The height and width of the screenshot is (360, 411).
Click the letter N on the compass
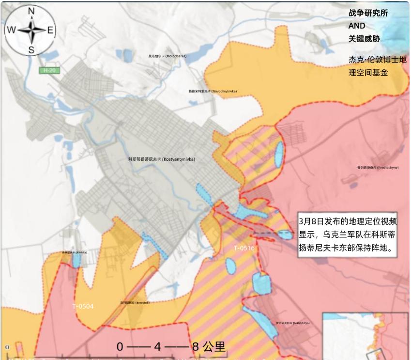(x=31, y=11)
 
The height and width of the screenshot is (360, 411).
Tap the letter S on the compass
(x=31, y=50)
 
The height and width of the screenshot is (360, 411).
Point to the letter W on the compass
(x=11, y=31)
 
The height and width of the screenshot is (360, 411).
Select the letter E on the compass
(x=50, y=31)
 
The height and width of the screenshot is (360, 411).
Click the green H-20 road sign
(x=49, y=71)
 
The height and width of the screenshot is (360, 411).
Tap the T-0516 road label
(x=244, y=248)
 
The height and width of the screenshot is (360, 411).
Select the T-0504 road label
(x=83, y=306)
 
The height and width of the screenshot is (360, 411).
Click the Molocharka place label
(x=167, y=56)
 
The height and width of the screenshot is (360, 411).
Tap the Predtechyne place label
(x=378, y=168)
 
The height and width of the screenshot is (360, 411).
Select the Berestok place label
(x=135, y=303)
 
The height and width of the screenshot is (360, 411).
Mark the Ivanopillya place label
(x=292, y=323)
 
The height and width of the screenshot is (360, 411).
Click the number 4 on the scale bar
(x=157, y=347)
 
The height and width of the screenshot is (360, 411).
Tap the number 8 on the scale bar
(x=196, y=347)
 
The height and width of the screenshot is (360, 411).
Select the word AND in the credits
(x=357, y=26)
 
